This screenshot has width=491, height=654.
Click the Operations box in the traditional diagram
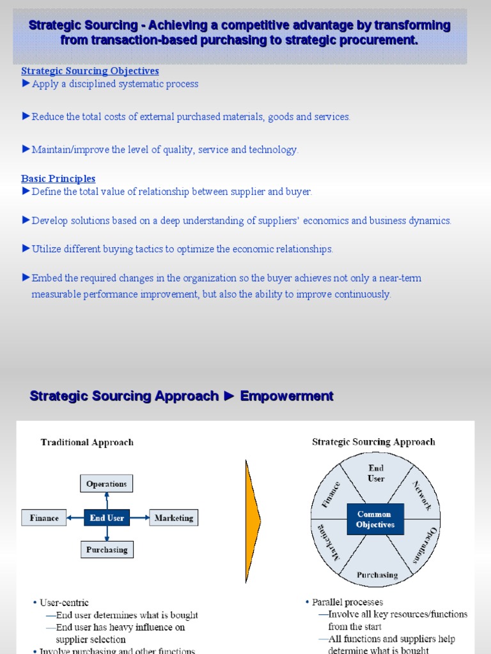click(107, 483)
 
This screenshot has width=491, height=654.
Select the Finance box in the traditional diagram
click(44, 518)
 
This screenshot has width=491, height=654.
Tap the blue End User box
click(107, 518)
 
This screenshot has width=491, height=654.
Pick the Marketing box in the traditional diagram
click(173, 518)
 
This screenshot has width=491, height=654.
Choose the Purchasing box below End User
click(107, 549)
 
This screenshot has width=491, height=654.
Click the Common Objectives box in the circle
click(375, 519)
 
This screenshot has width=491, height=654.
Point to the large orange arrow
click(253, 517)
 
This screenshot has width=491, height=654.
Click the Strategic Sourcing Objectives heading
click(90, 71)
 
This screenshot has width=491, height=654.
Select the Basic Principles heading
click(58, 179)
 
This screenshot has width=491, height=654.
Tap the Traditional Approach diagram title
click(87, 442)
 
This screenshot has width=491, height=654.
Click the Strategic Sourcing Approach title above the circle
click(373, 441)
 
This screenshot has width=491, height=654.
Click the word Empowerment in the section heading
click(286, 396)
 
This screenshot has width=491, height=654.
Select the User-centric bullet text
click(65, 602)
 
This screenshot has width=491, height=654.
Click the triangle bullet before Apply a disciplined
click(26, 84)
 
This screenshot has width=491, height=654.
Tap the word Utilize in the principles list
click(47, 249)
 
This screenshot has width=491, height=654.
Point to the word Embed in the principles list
click(45, 278)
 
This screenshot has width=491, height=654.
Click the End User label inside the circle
click(376, 473)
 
